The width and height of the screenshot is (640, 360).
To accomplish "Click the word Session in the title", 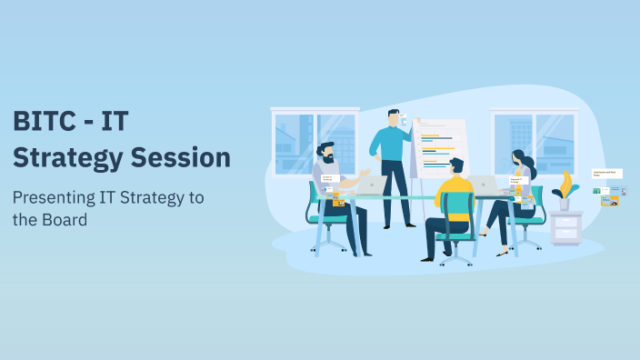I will click(181, 157).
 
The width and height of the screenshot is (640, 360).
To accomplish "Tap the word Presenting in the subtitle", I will click(52, 197).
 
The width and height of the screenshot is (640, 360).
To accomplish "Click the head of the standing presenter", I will click(394, 117).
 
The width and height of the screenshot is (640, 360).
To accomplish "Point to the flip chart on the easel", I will click(440, 145).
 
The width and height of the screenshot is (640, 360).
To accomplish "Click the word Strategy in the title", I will click(65, 157).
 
